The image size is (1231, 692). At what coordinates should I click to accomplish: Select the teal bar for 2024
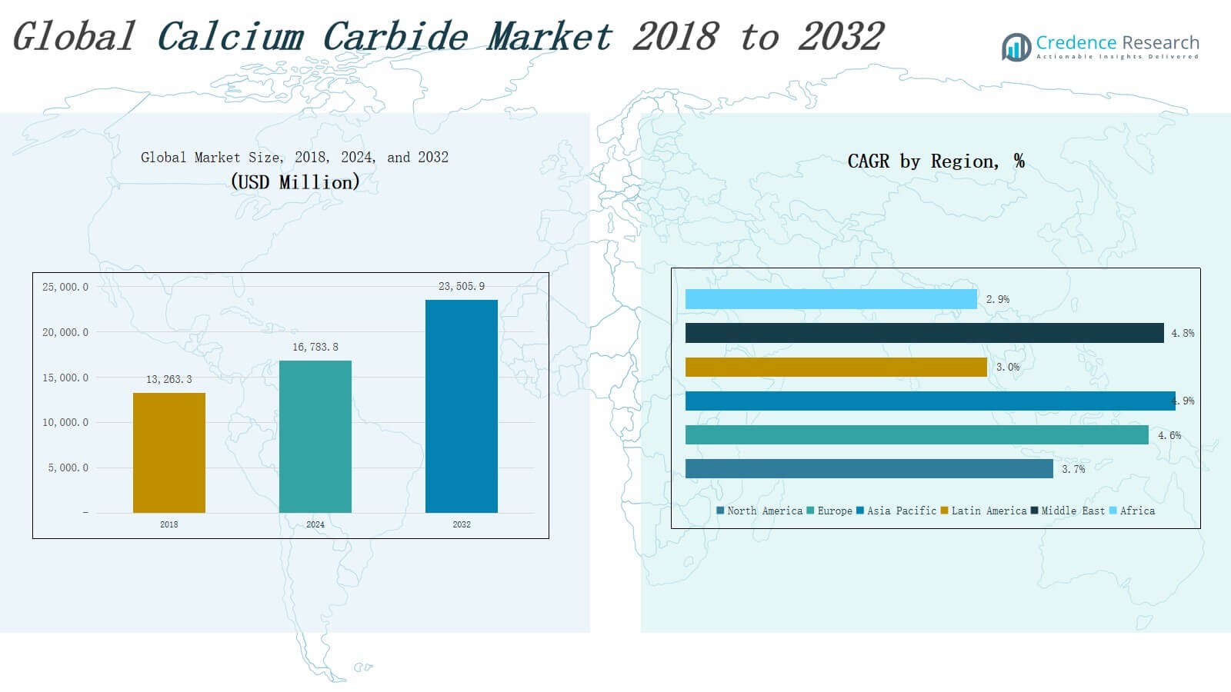315,436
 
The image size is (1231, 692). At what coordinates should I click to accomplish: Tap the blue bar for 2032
462,406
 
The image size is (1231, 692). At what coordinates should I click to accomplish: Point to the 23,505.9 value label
462,286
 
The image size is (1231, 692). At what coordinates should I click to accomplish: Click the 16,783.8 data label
315,347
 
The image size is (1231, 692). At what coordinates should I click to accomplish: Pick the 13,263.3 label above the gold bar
169,379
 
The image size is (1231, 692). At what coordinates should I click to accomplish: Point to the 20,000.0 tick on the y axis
65,332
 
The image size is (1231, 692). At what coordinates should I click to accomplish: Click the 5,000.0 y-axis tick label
68,467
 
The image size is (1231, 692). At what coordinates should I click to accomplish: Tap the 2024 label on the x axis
315,524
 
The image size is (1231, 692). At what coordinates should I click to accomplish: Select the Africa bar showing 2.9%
831,299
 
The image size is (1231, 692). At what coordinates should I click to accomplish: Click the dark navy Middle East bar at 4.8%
924,333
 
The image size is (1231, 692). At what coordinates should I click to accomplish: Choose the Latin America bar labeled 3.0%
836,367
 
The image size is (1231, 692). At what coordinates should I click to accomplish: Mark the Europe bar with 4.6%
916,435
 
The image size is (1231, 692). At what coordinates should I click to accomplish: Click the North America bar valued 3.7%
869,469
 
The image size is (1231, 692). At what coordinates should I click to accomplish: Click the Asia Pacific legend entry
896,511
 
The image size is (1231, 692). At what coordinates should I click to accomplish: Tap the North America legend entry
759,511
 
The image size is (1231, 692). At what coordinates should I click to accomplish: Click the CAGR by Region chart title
936,161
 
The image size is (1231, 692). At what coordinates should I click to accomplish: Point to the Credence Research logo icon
1016,47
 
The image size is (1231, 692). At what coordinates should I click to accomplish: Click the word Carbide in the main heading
395,37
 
